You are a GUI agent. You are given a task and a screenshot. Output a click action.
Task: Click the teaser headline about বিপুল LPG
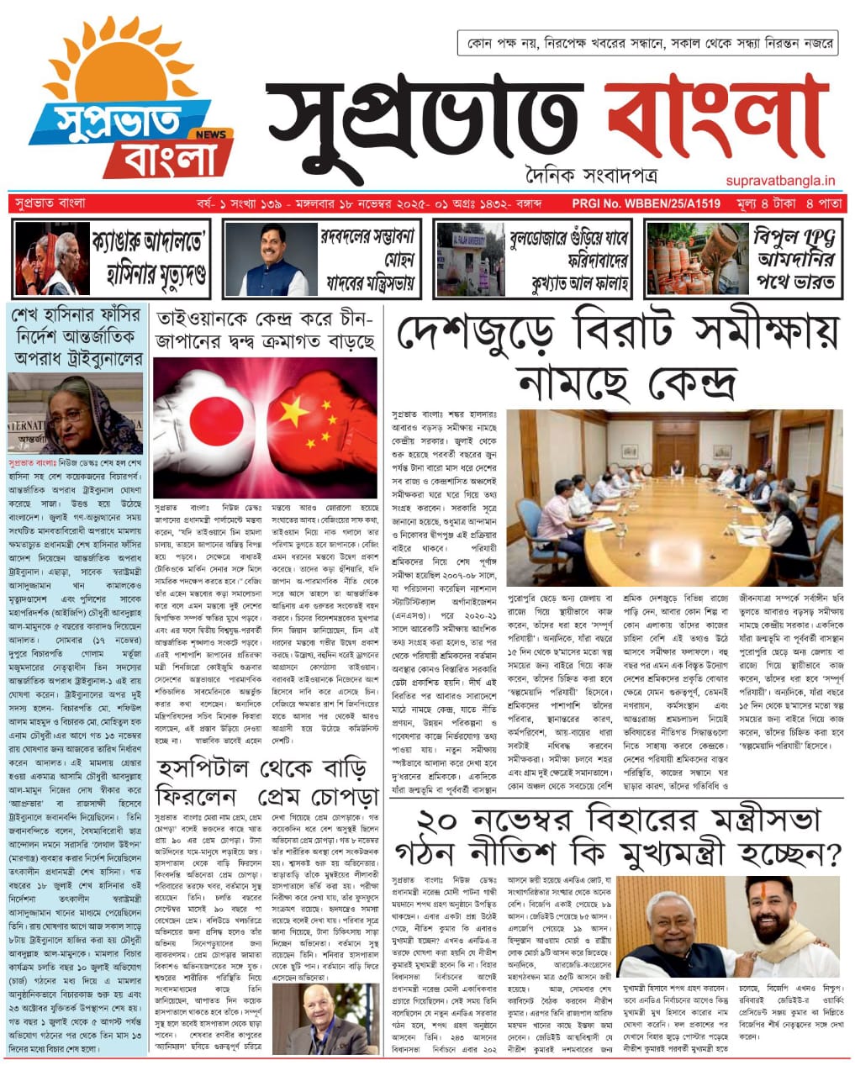(x=794, y=259)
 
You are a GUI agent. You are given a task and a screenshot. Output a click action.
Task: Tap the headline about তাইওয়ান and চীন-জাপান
(x=265, y=331)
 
